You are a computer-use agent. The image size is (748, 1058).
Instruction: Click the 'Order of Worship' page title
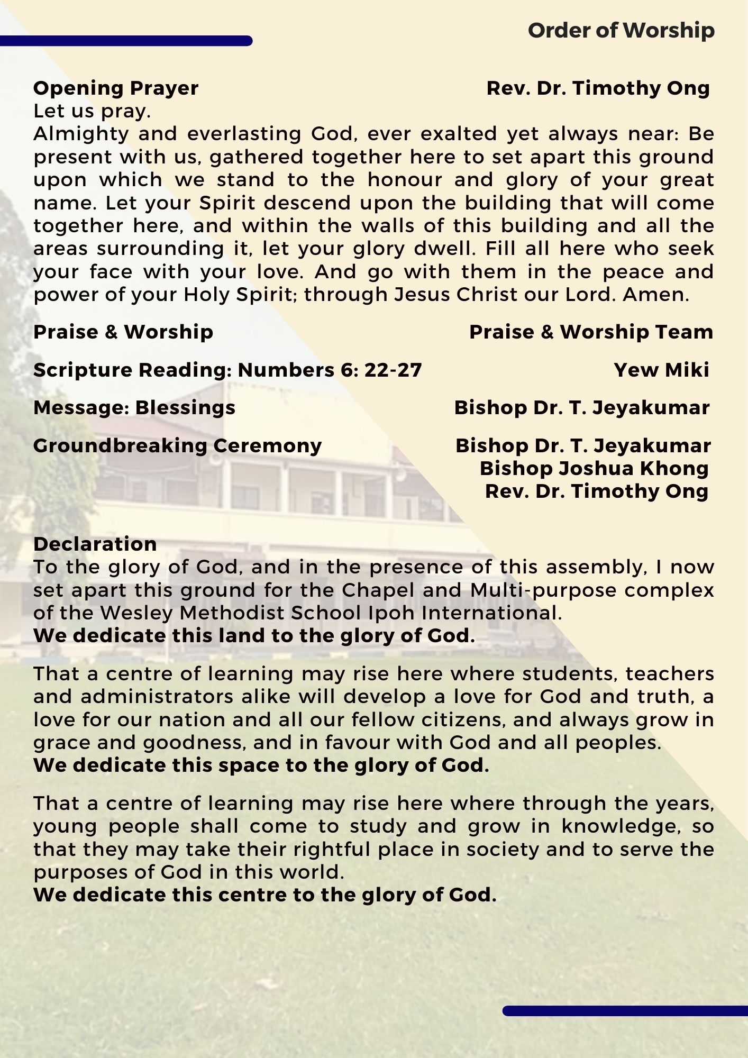(621, 31)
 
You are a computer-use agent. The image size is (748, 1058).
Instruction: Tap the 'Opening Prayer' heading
(116, 88)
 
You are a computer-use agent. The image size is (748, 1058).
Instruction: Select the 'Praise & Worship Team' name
(591, 332)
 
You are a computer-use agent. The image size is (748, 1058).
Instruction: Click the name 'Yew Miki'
(661, 370)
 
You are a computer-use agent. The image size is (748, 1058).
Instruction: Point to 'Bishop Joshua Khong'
(594, 468)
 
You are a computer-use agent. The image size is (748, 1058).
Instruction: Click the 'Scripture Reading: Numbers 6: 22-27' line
(227, 370)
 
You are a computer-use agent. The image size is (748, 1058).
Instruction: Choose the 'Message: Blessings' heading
(134, 408)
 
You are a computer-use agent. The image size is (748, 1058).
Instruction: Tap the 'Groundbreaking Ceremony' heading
(177, 445)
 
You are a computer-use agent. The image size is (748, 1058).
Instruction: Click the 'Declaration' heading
(95, 544)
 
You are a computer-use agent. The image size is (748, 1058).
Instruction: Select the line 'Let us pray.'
(93, 111)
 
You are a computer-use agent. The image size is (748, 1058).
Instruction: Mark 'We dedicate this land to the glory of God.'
(254, 635)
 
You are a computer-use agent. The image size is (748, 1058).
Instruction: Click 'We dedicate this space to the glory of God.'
(261, 765)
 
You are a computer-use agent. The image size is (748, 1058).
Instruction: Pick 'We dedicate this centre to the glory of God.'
(265, 895)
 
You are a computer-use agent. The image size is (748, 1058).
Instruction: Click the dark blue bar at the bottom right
(625, 1010)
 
